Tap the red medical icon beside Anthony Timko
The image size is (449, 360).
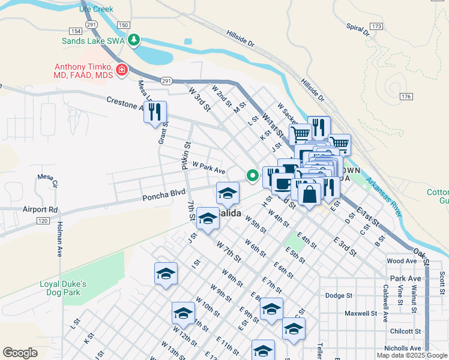pos(122,70)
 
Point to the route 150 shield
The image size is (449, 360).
pos(123,25)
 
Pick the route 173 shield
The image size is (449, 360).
pos(376,27)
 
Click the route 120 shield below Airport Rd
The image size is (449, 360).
pos(42,221)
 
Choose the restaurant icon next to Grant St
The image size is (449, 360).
pos(155,112)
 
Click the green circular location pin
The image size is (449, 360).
pos(253,176)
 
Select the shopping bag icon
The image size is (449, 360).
pos(310,195)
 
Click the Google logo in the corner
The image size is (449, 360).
pos(20,353)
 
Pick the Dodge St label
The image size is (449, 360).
pos(339,296)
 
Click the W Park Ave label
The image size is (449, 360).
pos(208,167)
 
